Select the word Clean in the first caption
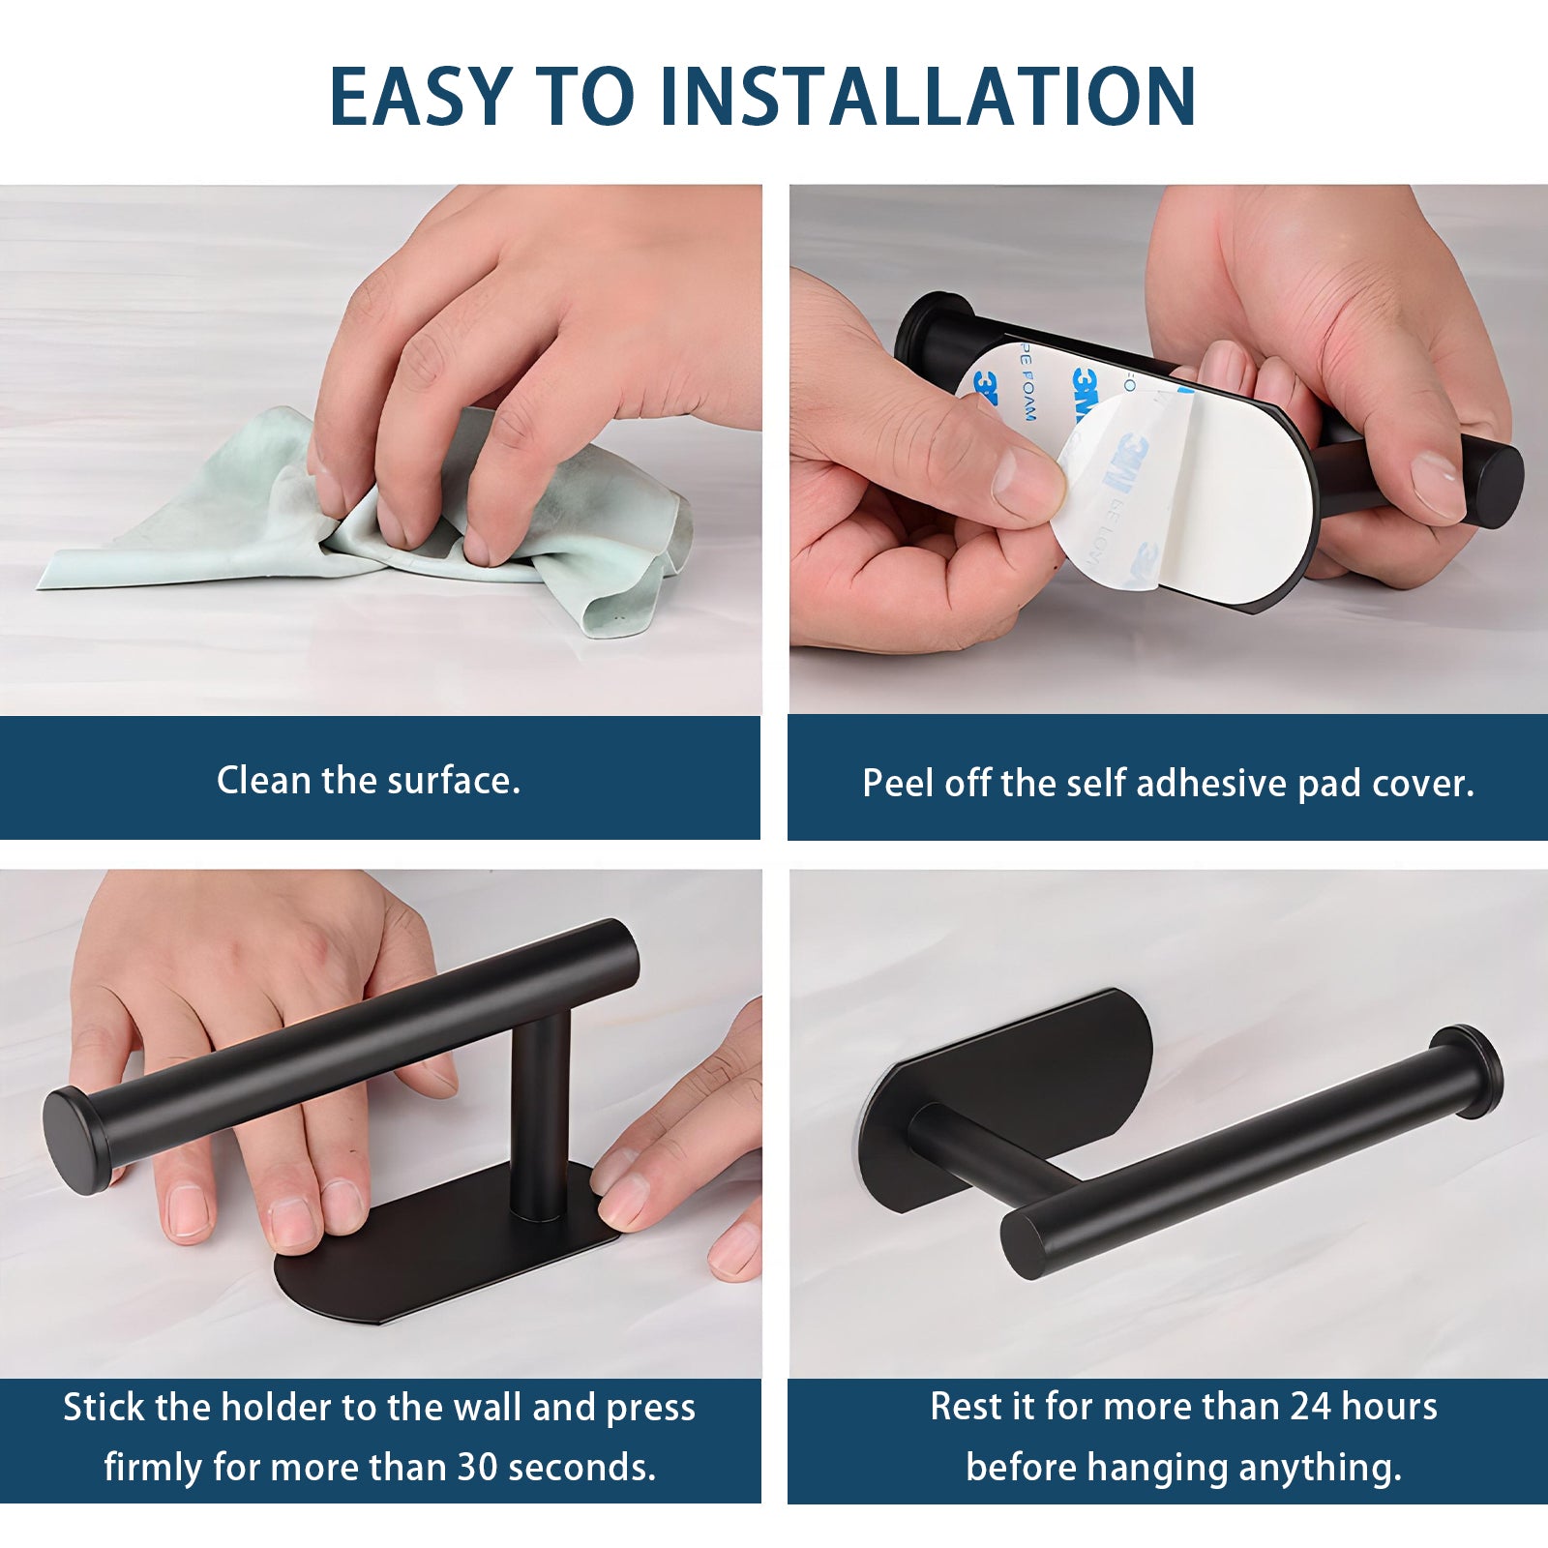263,780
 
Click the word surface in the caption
453,780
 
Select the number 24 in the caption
1311,1406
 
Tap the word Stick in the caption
104,1407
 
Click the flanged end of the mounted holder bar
1467,1072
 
